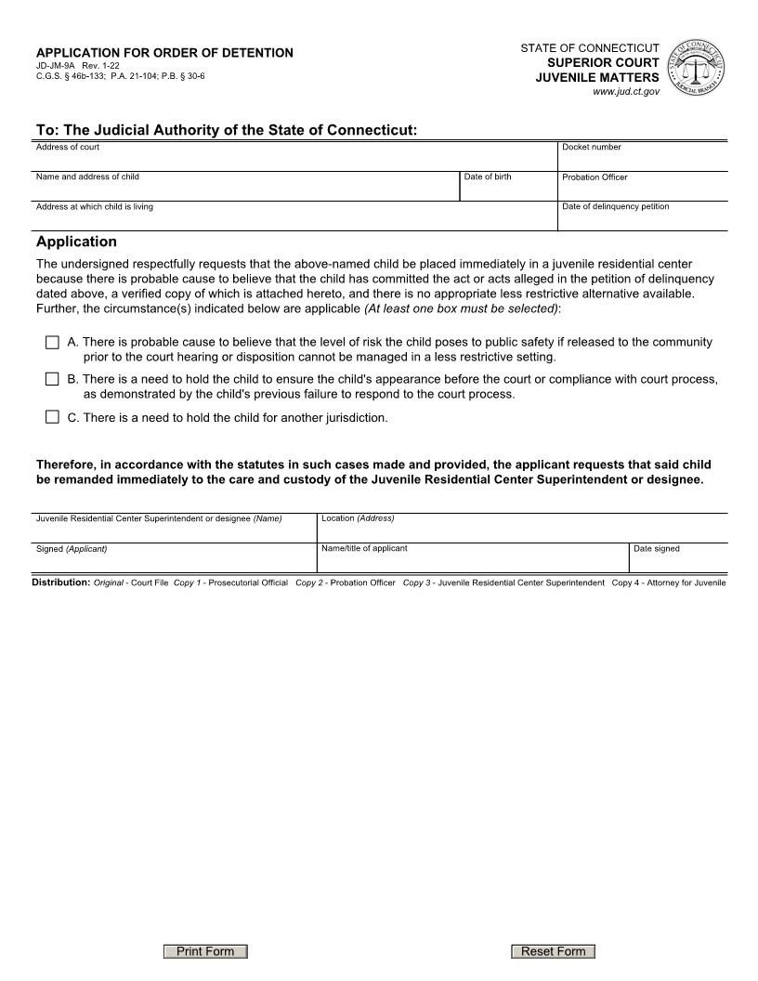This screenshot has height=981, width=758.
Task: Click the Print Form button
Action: (205, 951)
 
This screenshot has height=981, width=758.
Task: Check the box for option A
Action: (52, 343)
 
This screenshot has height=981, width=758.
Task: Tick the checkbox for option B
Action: (52, 379)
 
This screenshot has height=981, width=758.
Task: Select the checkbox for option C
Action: (52, 417)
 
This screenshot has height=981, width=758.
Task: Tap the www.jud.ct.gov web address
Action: (626, 92)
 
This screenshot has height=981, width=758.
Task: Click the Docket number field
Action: (642, 160)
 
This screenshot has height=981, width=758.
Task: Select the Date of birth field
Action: (507, 190)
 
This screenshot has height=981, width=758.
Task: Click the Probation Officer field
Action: (642, 190)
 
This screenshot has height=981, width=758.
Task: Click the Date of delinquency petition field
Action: (642, 219)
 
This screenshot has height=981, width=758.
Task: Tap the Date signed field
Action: (678, 561)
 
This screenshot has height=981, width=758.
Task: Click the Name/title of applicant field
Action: (473, 561)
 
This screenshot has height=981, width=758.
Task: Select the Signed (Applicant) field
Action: (175, 561)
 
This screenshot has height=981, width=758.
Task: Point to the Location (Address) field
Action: (522, 530)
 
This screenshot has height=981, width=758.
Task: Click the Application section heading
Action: (76, 242)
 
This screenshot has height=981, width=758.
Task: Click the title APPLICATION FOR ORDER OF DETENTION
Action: (164, 53)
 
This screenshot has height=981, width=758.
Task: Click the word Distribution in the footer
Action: (61, 582)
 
